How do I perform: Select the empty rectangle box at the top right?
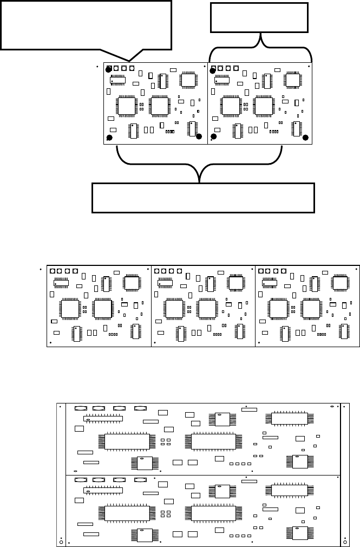click(260, 17)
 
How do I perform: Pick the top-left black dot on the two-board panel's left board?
click(109, 69)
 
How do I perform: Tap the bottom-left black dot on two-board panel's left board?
click(109, 137)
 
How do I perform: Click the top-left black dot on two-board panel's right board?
click(213, 69)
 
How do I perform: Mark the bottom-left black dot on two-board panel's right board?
click(213, 137)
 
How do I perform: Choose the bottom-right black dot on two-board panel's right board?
click(305, 137)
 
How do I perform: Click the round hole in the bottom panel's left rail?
click(61, 542)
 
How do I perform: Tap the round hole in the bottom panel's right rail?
click(345, 542)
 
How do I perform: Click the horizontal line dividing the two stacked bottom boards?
click(202, 475)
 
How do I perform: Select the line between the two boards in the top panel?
click(208, 103)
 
